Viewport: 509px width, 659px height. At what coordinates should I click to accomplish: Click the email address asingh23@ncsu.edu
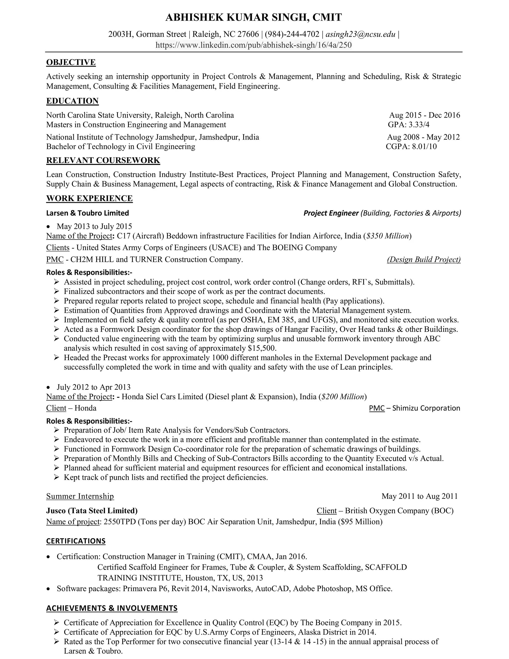[x=360, y=34]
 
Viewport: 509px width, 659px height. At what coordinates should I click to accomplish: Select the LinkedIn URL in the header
[x=254, y=45]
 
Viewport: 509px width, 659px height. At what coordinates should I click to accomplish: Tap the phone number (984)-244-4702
[x=292, y=34]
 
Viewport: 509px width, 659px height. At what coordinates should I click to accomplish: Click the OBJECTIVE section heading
[x=71, y=62]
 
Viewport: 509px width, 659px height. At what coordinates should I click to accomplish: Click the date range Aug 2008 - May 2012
[x=423, y=137]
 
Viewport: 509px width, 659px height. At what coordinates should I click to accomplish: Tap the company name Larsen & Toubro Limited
[x=87, y=213]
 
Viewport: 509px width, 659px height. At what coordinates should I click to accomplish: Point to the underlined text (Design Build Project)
[x=424, y=259]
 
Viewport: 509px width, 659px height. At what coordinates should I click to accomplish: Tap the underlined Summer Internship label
[x=80, y=496]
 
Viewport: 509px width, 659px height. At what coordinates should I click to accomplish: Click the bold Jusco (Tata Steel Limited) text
[x=92, y=511]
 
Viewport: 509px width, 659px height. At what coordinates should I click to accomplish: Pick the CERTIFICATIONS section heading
[x=76, y=541]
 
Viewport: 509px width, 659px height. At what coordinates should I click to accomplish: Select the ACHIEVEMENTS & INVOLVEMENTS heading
[x=112, y=608]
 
